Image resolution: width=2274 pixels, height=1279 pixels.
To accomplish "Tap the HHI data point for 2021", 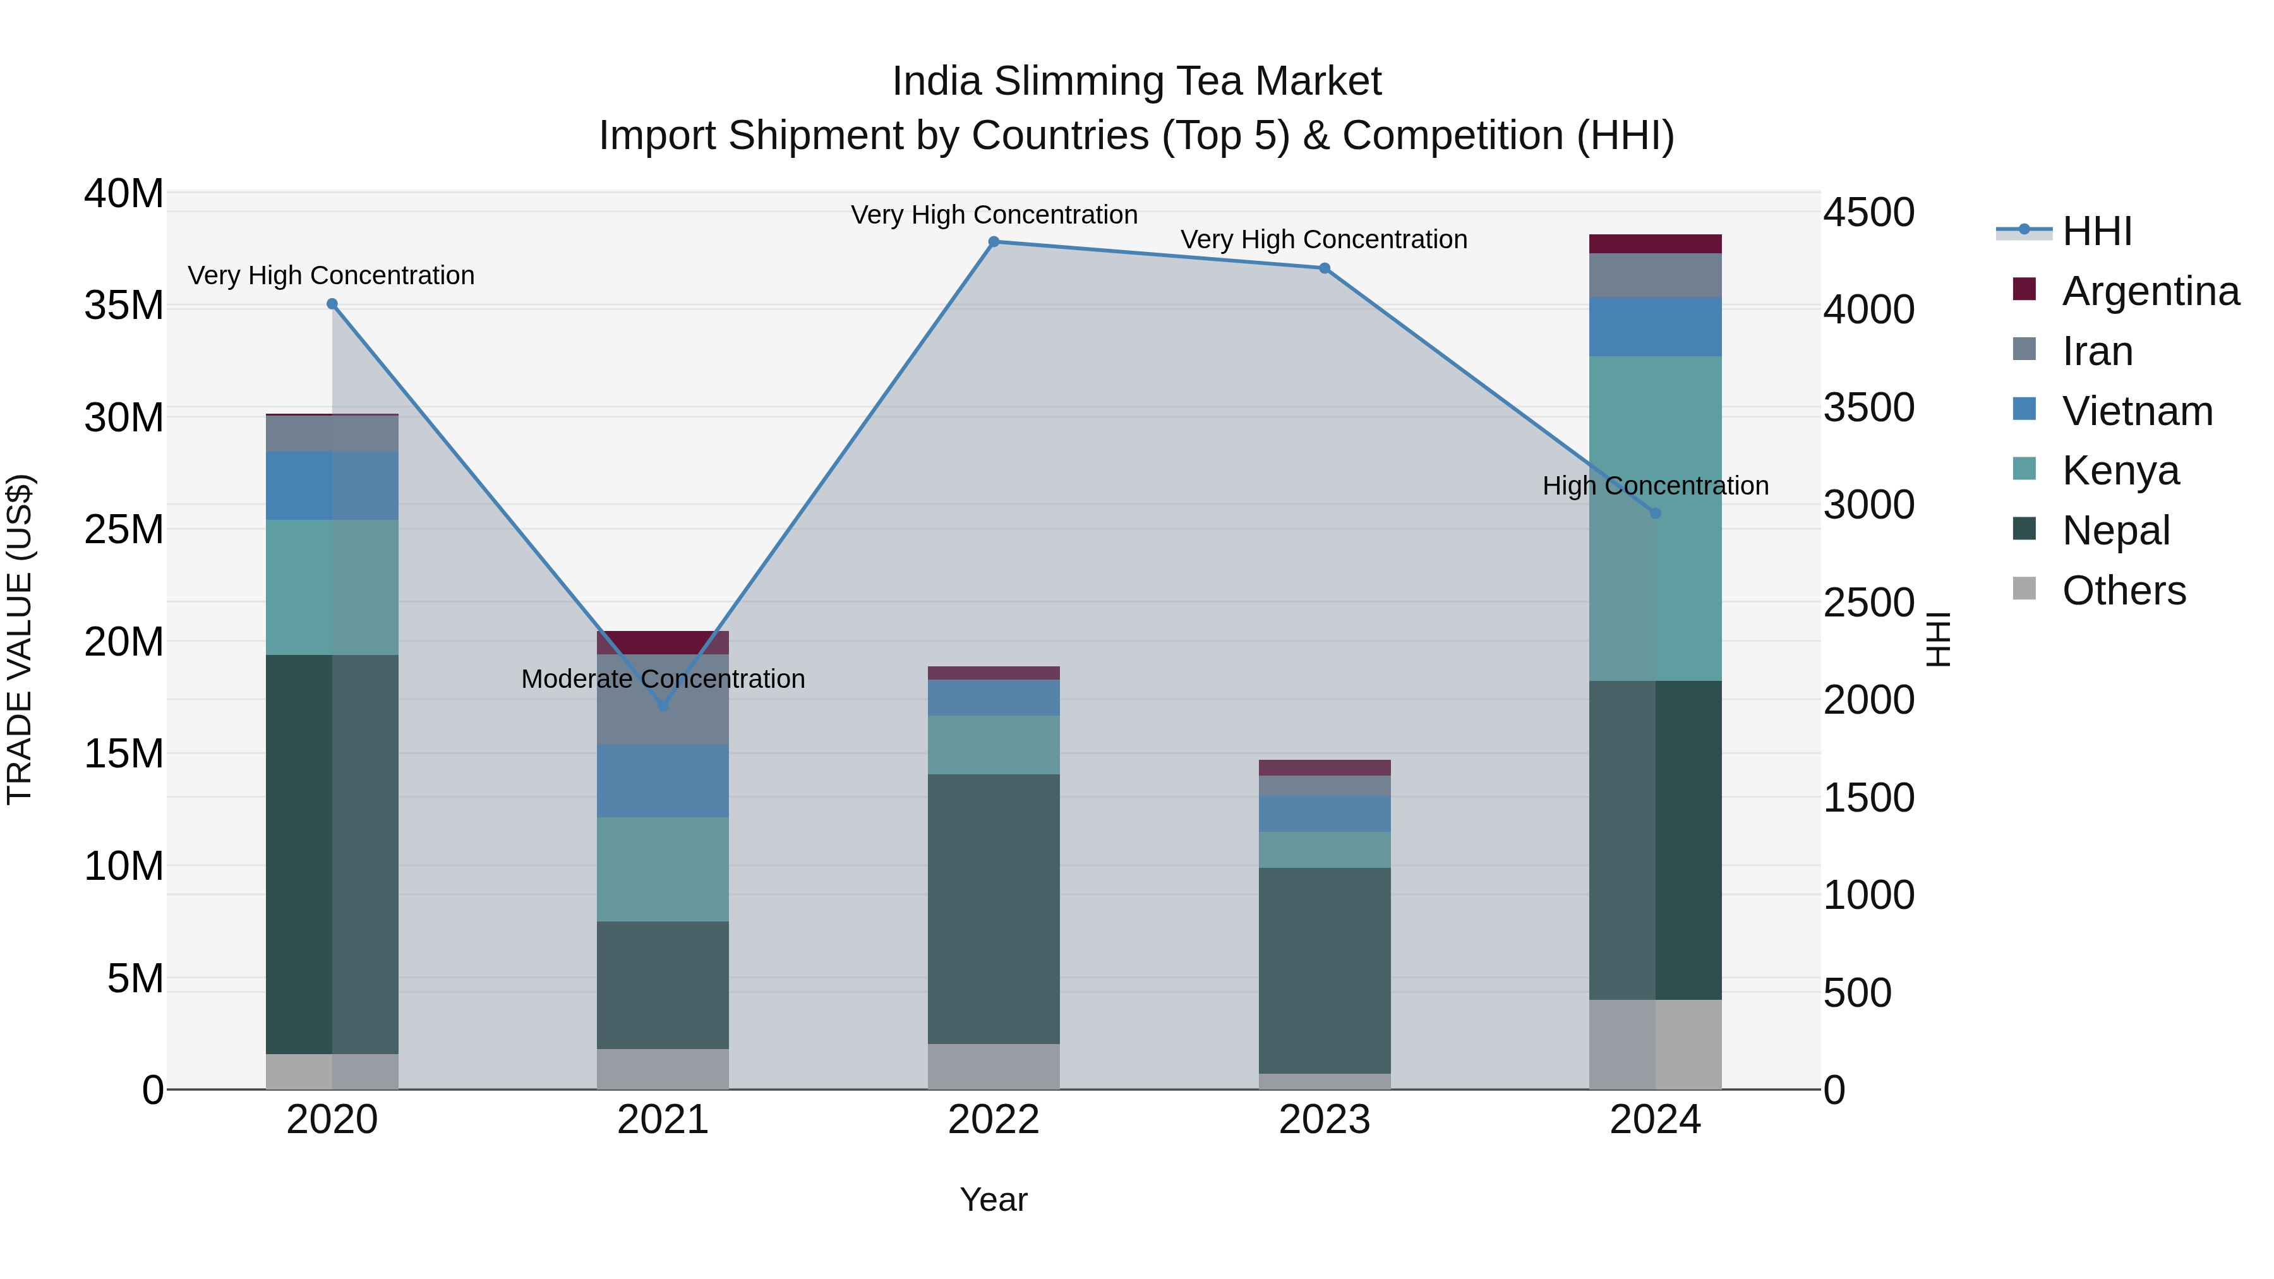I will [x=663, y=706].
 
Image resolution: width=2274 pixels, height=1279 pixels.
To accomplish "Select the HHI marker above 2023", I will [x=1324, y=268].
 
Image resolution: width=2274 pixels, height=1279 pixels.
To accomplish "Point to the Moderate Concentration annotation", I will [x=663, y=679].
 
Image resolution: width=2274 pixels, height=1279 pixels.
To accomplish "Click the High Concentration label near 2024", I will [x=1655, y=486].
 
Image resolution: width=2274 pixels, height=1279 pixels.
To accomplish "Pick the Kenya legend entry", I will [x=2119, y=471].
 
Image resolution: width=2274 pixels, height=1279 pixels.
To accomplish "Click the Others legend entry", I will [x=2123, y=591].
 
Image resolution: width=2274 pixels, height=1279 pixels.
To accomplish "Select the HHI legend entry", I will [x=2097, y=231].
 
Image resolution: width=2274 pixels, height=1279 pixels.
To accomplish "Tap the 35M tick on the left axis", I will [x=124, y=306].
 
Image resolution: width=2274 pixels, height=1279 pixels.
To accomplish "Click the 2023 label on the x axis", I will [x=1324, y=1120].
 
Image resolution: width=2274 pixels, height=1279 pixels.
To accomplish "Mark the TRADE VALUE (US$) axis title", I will [x=20, y=639].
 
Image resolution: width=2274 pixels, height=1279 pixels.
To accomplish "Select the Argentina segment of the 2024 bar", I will [x=1655, y=244].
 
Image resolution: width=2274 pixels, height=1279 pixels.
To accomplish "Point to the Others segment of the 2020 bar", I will [x=332, y=1072].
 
